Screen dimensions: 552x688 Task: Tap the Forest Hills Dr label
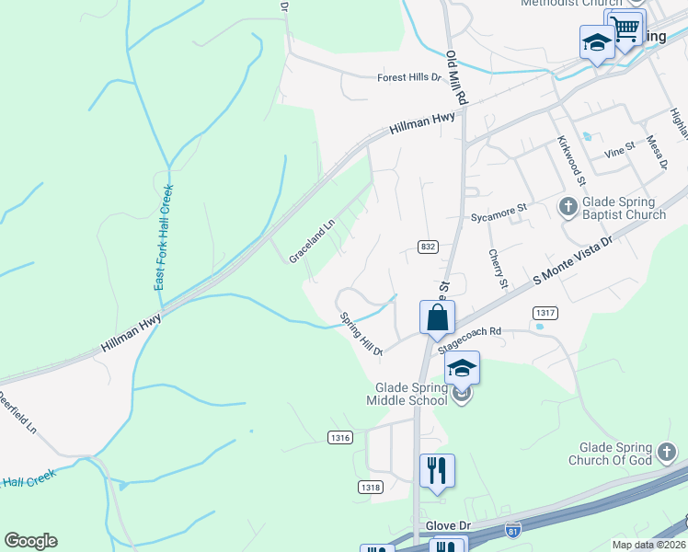(409, 78)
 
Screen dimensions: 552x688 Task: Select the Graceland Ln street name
(311, 241)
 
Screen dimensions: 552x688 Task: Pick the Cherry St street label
(498, 267)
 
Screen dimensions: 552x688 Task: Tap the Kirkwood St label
(569, 160)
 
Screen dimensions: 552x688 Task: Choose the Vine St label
(619, 146)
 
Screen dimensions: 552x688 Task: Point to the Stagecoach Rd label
(470, 339)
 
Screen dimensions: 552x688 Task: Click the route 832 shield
(429, 247)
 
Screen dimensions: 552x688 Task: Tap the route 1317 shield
(545, 314)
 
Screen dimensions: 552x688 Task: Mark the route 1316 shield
(340, 438)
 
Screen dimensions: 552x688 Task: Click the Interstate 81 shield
(513, 530)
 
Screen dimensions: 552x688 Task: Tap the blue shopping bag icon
(439, 317)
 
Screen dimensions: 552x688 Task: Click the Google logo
(30, 541)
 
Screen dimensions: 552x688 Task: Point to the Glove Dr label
(448, 525)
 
